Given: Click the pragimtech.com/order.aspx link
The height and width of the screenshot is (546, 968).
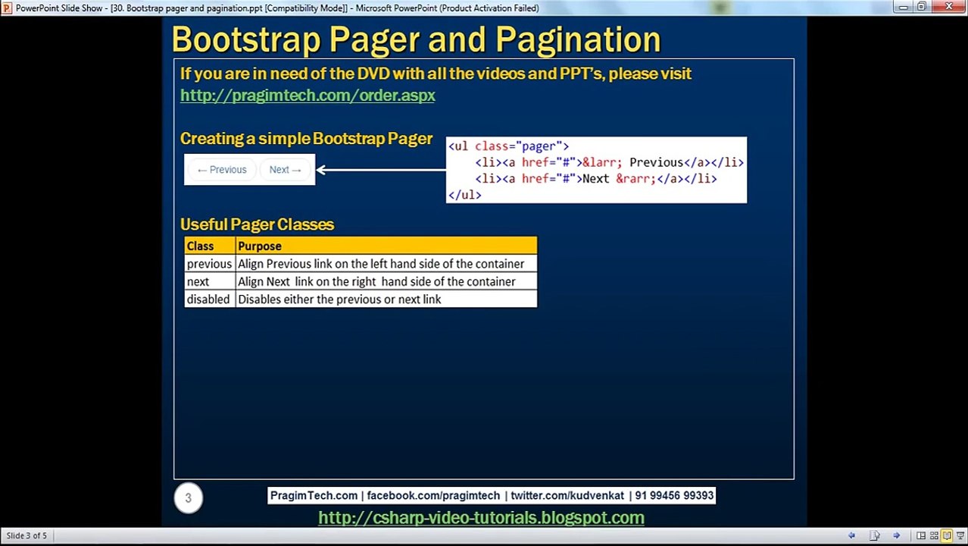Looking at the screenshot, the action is [308, 96].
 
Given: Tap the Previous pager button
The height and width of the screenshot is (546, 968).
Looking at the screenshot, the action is [222, 170].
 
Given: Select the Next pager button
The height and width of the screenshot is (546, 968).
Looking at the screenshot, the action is [286, 170].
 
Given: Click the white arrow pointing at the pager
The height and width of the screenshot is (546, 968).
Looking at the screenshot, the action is [381, 170].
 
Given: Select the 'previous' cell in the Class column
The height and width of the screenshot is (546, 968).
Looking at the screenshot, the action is [210, 263].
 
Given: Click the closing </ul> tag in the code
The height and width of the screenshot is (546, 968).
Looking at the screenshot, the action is [464, 195].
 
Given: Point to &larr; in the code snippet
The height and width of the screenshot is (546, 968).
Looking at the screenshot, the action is [602, 163].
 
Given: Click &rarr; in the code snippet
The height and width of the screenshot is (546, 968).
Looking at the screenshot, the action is [635, 179].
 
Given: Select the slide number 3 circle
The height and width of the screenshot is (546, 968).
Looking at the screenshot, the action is [189, 498].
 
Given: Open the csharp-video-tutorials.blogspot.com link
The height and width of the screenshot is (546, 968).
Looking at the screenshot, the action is [481, 517].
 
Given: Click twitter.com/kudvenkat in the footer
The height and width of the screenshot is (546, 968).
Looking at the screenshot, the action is [567, 495].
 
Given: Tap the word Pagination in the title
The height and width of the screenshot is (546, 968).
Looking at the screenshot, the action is [578, 39].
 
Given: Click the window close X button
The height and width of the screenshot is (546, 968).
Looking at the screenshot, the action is [948, 7].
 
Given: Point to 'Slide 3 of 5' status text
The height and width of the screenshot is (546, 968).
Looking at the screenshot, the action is [27, 535].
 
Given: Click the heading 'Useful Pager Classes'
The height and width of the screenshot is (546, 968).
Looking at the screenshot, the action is [257, 224].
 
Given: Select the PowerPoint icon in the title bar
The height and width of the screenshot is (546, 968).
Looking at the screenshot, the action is [7, 8].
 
